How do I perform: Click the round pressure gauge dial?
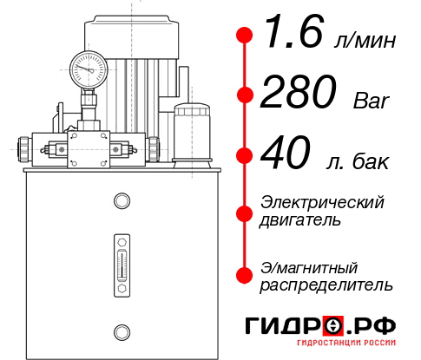tap(87, 68)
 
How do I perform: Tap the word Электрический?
tap(322, 202)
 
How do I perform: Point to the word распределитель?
tap(326, 284)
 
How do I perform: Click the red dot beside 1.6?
tap(246, 36)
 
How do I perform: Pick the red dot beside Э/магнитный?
tap(246, 275)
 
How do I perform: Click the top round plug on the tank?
tap(121, 202)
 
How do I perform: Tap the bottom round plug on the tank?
tap(121, 330)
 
